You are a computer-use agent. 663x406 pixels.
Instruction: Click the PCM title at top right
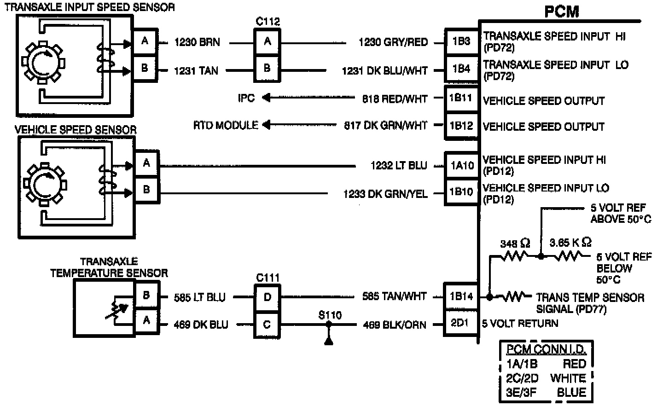coord(561,11)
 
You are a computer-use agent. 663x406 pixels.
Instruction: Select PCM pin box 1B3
coord(461,41)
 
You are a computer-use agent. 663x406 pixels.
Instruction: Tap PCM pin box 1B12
coord(461,126)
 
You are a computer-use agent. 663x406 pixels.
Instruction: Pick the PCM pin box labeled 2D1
coord(459,323)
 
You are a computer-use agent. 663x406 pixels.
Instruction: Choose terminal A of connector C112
coord(268,41)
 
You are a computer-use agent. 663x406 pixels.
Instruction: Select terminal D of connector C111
coord(268,297)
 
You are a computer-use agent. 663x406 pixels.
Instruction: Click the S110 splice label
coord(330,315)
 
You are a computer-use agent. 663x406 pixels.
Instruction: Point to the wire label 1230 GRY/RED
coord(393,42)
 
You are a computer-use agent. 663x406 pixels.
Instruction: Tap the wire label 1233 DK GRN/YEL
coord(385,194)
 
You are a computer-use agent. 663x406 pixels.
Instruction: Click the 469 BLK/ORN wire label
coord(395,325)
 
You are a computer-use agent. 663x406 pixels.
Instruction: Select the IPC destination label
coord(246,98)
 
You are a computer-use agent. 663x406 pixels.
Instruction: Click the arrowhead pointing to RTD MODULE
coord(267,125)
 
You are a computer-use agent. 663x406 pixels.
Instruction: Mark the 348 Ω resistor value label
coord(515,244)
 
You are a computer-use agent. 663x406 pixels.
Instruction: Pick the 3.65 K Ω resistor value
coord(570,242)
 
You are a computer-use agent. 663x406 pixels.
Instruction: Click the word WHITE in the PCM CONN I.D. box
coord(568,378)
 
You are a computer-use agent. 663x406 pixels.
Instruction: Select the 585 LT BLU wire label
coord(200,297)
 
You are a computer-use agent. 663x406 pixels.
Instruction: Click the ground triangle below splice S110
coord(329,341)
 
